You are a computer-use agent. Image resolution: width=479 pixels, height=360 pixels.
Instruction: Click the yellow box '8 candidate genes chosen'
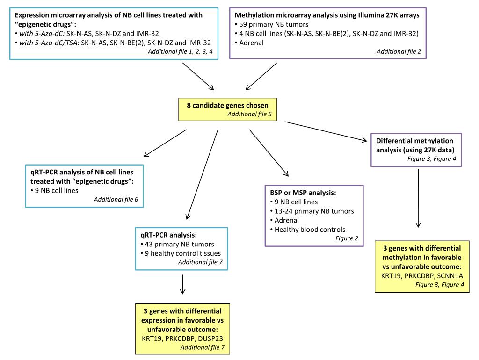[x=228, y=109]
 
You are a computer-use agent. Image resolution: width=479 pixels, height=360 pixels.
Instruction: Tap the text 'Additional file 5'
[x=249, y=114]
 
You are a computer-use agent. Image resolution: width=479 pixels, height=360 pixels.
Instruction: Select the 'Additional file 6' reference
[x=116, y=199]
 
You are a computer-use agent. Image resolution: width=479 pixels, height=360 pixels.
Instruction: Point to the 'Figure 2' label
[x=347, y=238]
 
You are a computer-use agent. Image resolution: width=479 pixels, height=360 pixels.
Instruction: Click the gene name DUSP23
[x=210, y=338]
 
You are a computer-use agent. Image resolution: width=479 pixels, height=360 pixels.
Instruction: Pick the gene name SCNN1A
[x=450, y=276]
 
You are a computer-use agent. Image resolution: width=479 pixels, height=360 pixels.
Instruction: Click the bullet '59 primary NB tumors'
[x=272, y=24]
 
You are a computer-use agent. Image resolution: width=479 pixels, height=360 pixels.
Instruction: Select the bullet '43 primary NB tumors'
[x=177, y=244]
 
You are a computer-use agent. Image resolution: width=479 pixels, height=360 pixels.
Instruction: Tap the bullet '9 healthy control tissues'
[x=181, y=253]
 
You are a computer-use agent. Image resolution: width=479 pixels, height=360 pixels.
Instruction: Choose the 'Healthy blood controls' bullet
[x=308, y=230]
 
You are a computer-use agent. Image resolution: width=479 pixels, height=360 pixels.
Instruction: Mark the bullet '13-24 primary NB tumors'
[x=312, y=211]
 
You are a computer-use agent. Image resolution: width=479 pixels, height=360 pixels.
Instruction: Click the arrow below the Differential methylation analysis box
[x=418, y=198]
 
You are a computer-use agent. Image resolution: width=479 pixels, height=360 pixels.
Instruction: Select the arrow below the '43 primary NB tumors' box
[x=182, y=284]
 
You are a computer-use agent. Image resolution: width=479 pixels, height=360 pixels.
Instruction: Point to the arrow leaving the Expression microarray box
[x=198, y=77]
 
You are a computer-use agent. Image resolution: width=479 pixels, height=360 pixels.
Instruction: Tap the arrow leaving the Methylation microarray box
[x=261, y=77]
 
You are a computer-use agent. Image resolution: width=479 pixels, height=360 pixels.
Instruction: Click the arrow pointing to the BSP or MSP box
[x=269, y=153]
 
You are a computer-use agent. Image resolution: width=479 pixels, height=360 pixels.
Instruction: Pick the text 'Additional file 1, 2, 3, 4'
[x=180, y=51]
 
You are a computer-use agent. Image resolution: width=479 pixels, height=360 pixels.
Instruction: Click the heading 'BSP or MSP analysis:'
[x=303, y=193]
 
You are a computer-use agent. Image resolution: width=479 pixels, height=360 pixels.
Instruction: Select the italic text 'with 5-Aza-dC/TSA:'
[x=49, y=43]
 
